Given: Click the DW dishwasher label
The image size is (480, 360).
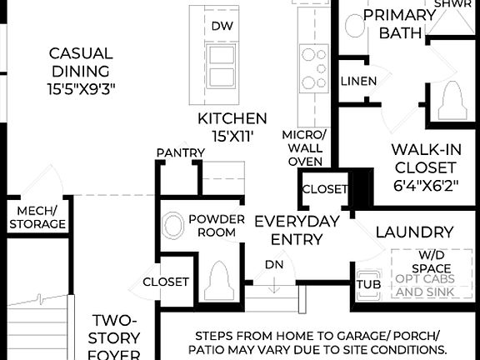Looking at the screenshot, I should click(222, 27).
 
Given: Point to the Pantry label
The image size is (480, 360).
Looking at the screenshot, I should click(181, 152).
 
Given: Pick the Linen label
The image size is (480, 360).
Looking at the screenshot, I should click(358, 81).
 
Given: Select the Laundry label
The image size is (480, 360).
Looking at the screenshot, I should click(414, 232).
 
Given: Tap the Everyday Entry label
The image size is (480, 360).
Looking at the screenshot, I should click(297, 230).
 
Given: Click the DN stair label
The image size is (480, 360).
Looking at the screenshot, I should click(273, 264).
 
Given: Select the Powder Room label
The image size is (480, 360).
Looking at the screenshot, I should click(217, 226).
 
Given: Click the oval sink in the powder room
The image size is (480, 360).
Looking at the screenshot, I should click(172, 226).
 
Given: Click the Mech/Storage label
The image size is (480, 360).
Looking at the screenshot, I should click(37, 217).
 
